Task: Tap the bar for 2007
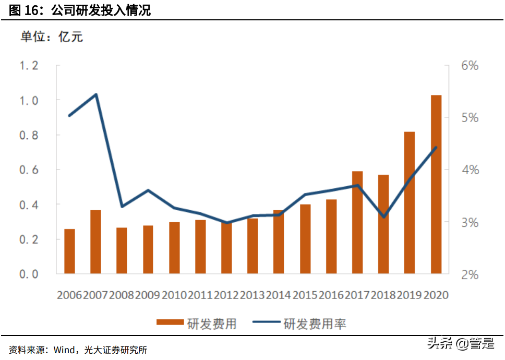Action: [x=95, y=242]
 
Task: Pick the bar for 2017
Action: [x=357, y=222]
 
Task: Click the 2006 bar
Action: [x=69, y=251]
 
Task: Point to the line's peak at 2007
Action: [x=96, y=94]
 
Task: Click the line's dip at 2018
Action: [x=383, y=217]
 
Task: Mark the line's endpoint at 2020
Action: [x=436, y=148]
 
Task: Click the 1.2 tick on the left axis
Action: [x=29, y=66]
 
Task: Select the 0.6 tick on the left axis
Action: [x=29, y=170]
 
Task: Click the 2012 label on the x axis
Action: [x=226, y=295]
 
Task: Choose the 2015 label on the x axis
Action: [x=305, y=295]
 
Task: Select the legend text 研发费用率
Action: [x=315, y=324]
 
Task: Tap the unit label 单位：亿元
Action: [x=51, y=37]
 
